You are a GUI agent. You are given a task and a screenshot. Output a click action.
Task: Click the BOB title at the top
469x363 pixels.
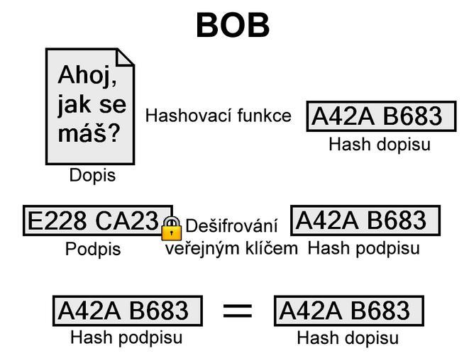click(233, 25)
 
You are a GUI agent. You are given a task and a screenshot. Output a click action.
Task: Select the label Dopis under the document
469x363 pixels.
click(92, 175)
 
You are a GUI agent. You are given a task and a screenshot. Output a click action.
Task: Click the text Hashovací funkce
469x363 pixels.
click(218, 116)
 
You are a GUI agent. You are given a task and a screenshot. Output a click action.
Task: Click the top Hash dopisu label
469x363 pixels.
click(380, 145)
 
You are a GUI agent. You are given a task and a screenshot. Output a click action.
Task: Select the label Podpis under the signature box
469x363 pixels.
click(93, 250)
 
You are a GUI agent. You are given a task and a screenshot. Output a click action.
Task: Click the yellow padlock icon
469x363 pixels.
click(171, 228)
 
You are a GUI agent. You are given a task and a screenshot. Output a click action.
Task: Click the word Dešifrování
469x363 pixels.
click(231, 227)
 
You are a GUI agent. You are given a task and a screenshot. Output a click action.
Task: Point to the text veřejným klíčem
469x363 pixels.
click(231, 248)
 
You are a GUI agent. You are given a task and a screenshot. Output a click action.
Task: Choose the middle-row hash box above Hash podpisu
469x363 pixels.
click(365, 220)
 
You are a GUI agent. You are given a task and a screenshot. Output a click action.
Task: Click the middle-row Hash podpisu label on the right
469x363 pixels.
click(363, 248)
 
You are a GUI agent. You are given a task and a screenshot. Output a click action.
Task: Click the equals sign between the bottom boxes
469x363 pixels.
click(238, 311)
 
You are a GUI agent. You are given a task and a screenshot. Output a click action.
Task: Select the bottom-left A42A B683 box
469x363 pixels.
click(127, 311)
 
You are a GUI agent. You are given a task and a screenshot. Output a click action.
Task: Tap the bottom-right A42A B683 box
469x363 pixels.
click(348, 311)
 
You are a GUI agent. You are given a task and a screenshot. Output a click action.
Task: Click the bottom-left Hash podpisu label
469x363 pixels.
click(126, 337)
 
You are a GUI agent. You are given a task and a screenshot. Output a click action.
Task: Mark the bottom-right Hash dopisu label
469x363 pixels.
click(348, 338)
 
